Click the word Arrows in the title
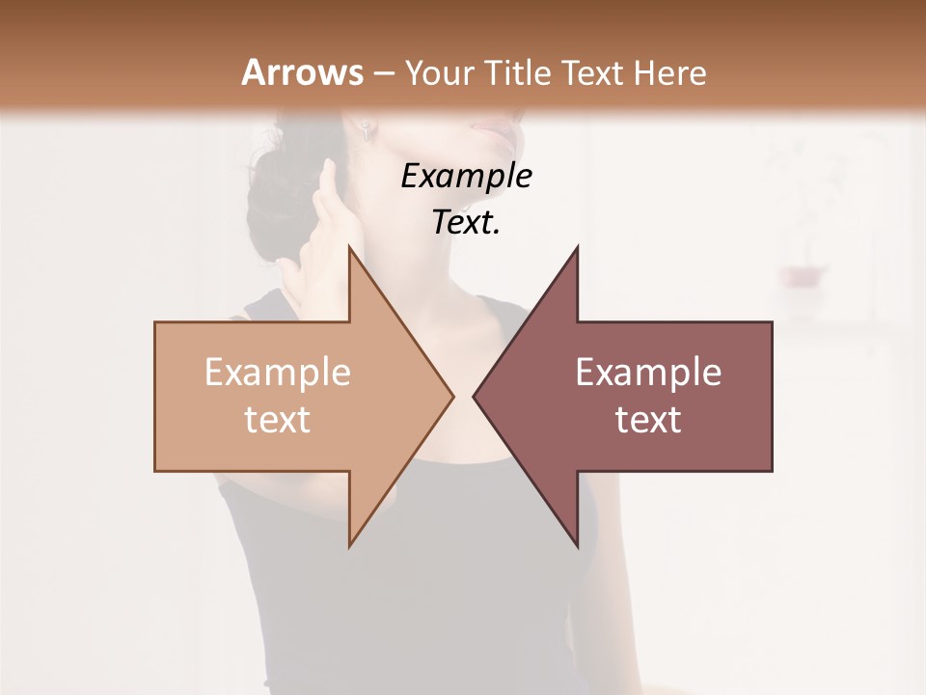pyautogui.click(x=302, y=72)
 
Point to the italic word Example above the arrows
pyautogui.click(x=466, y=177)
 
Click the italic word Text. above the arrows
pyautogui.click(x=466, y=223)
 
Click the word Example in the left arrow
pyautogui.click(x=277, y=373)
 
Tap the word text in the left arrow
pyautogui.click(x=277, y=420)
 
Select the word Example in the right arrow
pyautogui.click(x=647, y=373)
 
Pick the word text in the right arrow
pyautogui.click(x=647, y=420)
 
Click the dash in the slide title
pyautogui.click(x=383, y=74)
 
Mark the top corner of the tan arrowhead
pyautogui.click(x=349, y=247)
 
